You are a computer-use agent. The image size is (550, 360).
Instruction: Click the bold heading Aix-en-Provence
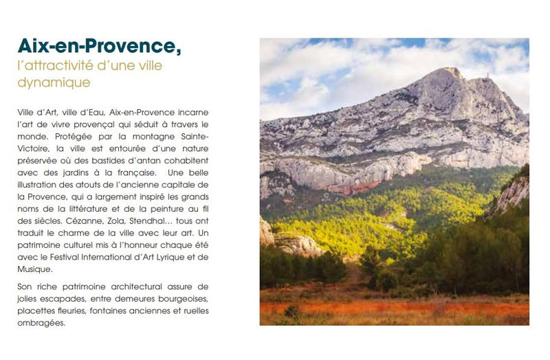click(x=99, y=47)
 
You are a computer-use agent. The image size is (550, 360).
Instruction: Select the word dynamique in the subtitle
click(x=54, y=82)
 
